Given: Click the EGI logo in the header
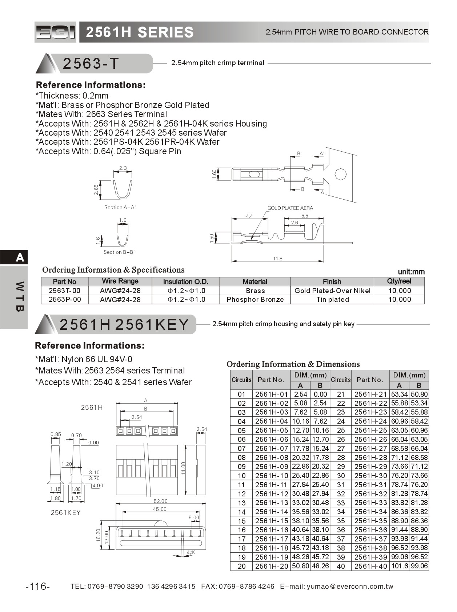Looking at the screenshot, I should coord(55,32).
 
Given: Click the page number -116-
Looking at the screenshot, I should coord(38,586).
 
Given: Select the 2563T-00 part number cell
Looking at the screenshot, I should coord(64,291).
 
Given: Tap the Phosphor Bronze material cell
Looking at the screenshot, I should coord(255,299).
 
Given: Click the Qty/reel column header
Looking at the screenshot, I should coord(399,281).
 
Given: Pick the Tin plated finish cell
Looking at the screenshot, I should coord(332,299).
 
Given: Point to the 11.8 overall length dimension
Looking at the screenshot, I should coord(278,259).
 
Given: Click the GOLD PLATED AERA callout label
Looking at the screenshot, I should coord(290,208).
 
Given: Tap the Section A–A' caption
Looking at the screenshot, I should coord(120,207).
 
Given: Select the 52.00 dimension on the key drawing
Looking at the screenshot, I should coord(161,501).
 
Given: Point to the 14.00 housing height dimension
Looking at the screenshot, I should coord(183,468).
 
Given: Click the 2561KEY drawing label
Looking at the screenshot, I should coord(65,512).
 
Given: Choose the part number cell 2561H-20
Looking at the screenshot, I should coord(271,566).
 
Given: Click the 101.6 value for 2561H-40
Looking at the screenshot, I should coord(399,566).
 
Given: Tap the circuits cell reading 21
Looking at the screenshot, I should coord(341,394).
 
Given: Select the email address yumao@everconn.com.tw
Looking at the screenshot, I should coord(350,586).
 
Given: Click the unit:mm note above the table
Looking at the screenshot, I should coord(411,272).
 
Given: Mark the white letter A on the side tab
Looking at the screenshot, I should coord(20,257).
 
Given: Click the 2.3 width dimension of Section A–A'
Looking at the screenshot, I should coord(123,168).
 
